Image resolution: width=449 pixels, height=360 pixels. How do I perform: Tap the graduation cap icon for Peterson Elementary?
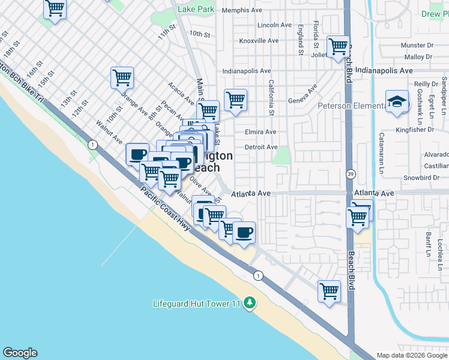(x=397, y=101)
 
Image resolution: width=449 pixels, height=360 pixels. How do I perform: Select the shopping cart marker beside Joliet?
(x=338, y=46)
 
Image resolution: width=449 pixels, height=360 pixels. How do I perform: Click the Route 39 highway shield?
(x=350, y=173)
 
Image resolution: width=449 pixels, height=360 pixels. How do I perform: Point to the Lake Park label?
(x=196, y=10)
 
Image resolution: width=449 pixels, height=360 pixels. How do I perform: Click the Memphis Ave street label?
(x=243, y=10)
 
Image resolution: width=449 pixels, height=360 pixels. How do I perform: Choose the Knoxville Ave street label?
(x=259, y=41)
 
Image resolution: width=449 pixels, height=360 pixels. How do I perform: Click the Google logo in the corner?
(x=20, y=353)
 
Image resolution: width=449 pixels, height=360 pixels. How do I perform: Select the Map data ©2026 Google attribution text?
(x=412, y=355)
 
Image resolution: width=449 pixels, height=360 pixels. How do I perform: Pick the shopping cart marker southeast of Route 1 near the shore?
(x=329, y=292)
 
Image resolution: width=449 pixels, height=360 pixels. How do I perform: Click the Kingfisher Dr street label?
(x=414, y=130)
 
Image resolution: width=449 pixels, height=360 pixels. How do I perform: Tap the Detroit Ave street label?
(x=261, y=147)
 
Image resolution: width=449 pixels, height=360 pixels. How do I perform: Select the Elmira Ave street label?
(x=261, y=132)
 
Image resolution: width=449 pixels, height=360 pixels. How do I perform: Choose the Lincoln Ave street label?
(x=274, y=25)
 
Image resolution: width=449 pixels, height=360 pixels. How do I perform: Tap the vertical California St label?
(x=271, y=98)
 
